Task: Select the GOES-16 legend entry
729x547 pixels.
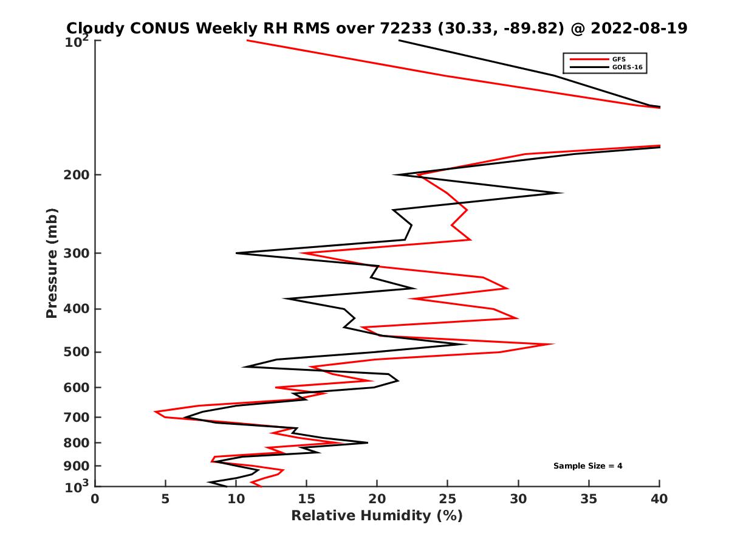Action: (x=626, y=67)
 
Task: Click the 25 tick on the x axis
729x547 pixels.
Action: (x=448, y=499)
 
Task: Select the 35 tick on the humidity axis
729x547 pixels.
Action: (x=589, y=499)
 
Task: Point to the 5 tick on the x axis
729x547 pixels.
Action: (x=165, y=499)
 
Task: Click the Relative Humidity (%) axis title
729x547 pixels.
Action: (x=377, y=516)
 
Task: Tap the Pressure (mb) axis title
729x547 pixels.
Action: (x=52, y=263)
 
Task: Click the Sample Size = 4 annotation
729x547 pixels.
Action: (x=587, y=466)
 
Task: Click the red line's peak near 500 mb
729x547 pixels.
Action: (x=553, y=344)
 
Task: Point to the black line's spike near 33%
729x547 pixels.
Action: (x=562, y=193)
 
